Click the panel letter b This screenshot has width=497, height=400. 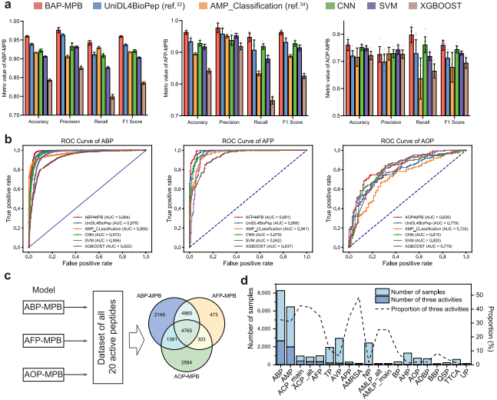[x=7, y=141]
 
